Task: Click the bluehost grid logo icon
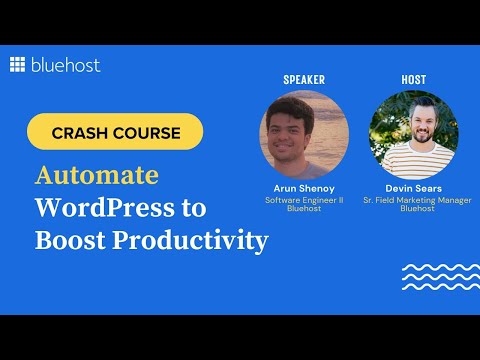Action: click(x=17, y=65)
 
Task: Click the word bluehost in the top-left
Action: click(x=64, y=65)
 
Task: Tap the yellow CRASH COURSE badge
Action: click(x=115, y=131)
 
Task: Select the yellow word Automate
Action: click(x=96, y=175)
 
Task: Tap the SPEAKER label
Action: click(x=304, y=78)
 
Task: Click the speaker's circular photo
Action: click(x=304, y=135)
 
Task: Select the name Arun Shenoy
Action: click(x=304, y=188)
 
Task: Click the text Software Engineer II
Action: click(x=304, y=200)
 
